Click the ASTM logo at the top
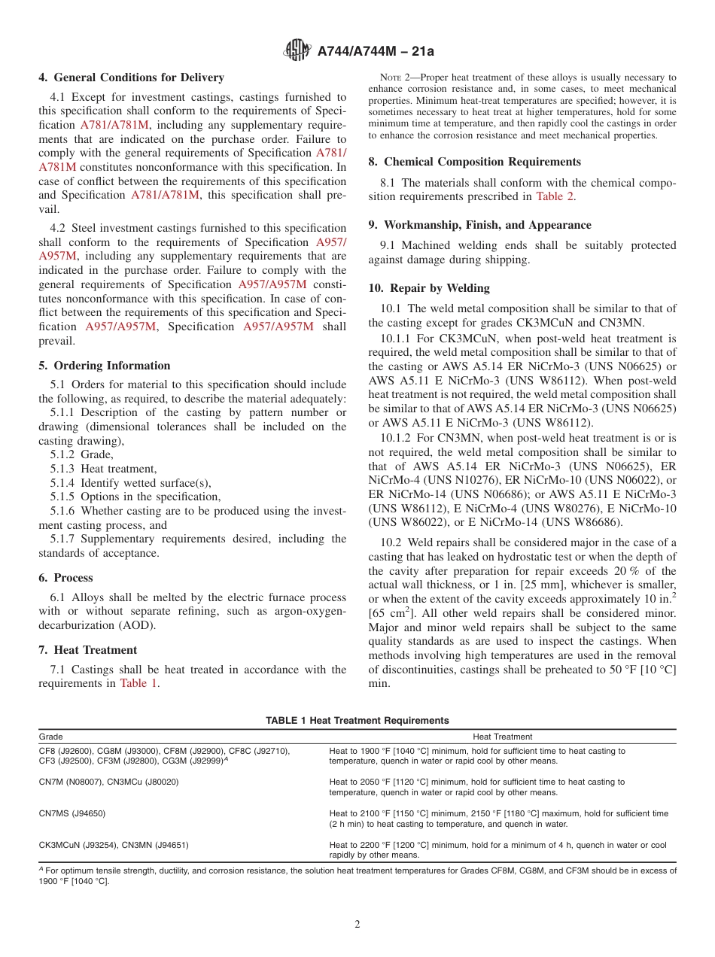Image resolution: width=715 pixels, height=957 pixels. (x=297, y=51)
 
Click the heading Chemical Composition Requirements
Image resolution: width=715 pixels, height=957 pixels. (x=482, y=162)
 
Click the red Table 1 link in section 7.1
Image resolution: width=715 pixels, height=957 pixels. (x=139, y=684)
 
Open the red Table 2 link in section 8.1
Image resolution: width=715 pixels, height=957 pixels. (x=555, y=196)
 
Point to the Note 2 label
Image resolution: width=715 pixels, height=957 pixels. (x=396, y=77)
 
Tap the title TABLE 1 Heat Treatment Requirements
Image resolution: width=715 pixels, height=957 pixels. (x=357, y=720)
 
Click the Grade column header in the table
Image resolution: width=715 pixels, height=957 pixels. (x=51, y=737)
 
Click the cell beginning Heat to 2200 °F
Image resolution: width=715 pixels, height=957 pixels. (x=497, y=850)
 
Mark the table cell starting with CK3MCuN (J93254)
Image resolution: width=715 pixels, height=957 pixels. (x=114, y=845)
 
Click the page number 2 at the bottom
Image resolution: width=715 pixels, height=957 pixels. (x=357, y=925)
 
